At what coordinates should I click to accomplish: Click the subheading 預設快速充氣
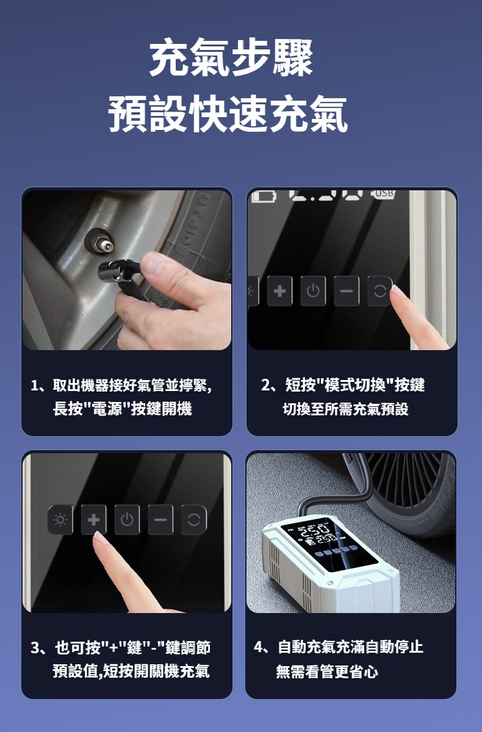tap(228, 113)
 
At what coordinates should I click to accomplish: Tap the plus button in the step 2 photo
tap(279, 290)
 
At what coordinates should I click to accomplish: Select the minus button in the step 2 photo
tap(347, 290)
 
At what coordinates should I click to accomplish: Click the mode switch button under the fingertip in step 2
tap(379, 290)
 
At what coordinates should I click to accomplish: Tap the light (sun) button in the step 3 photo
tap(60, 520)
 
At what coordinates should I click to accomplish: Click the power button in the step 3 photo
tap(127, 520)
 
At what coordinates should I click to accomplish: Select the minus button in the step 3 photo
tap(160, 520)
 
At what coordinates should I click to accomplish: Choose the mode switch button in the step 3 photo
tap(194, 520)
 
